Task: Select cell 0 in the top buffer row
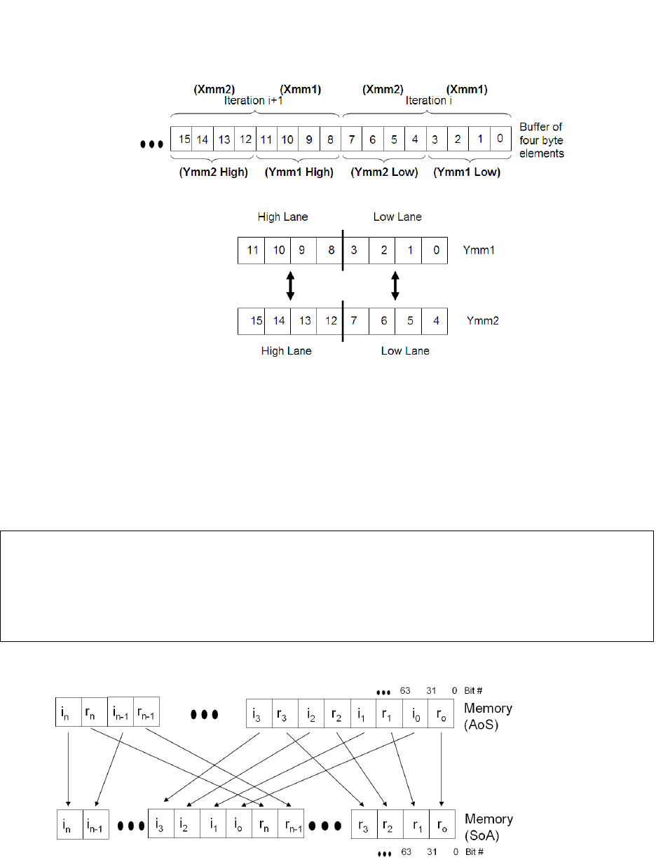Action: [499, 139]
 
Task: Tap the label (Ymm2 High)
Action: [213, 172]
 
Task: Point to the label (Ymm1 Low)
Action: [467, 172]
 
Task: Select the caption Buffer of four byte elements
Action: [542, 139]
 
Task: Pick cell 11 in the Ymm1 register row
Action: [252, 250]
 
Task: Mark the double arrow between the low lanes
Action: [395, 286]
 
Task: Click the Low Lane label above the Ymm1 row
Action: [397, 217]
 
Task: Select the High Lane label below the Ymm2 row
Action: [287, 351]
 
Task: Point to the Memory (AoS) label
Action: [487, 714]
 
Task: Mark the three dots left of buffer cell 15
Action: [152, 145]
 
